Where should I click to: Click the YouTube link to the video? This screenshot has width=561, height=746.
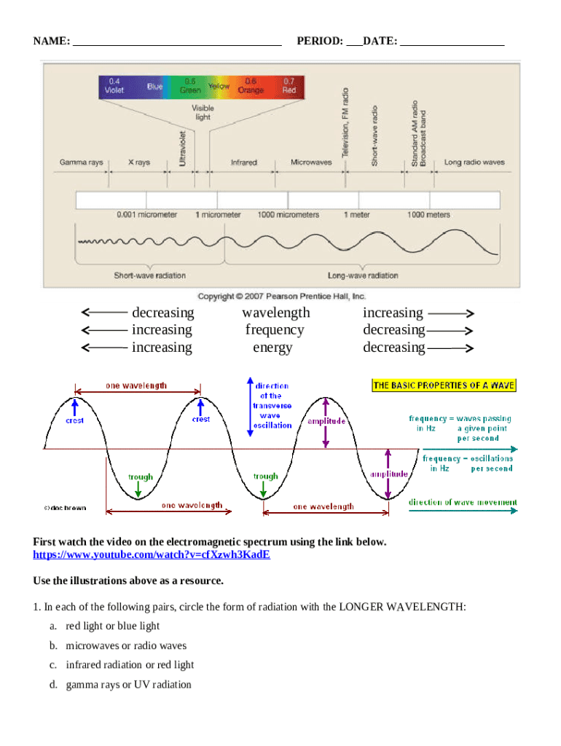pyautogui.click(x=152, y=554)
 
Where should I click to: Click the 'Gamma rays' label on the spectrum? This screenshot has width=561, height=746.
pyautogui.click(x=81, y=162)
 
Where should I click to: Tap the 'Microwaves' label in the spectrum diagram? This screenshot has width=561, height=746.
pyautogui.click(x=312, y=162)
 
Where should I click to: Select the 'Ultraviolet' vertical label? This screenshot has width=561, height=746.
pyautogui.click(x=182, y=149)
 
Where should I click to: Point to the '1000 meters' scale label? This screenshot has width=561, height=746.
pyautogui.click(x=428, y=215)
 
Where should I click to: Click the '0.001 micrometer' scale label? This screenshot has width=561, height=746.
pyautogui.click(x=146, y=215)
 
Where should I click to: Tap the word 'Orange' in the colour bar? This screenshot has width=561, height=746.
pyautogui.click(x=251, y=90)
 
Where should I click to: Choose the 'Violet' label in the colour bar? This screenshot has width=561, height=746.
pyautogui.click(x=114, y=90)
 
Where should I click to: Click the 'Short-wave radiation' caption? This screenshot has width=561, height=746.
pyautogui.click(x=149, y=275)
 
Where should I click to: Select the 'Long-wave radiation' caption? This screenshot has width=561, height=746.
pyautogui.click(x=363, y=275)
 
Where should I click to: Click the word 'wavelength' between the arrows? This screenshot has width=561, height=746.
pyautogui.click(x=276, y=313)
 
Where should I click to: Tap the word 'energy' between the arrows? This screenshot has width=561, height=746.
pyautogui.click(x=272, y=348)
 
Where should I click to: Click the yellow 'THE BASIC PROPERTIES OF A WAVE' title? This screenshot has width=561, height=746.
pyautogui.click(x=444, y=385)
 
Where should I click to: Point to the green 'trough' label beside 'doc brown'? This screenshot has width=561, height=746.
pyautogui.click(x=141, y=477)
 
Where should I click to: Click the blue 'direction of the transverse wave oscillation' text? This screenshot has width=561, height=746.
pyautogui.click(x=272, y=406)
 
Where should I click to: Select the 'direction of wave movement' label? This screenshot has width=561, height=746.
pyautogui.click(x=463, y=502)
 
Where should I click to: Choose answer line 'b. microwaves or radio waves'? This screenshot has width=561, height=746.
pyautogui.click(x=126, y=645)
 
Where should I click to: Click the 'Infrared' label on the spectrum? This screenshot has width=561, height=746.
pyautogui.click(x=244, y=162)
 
